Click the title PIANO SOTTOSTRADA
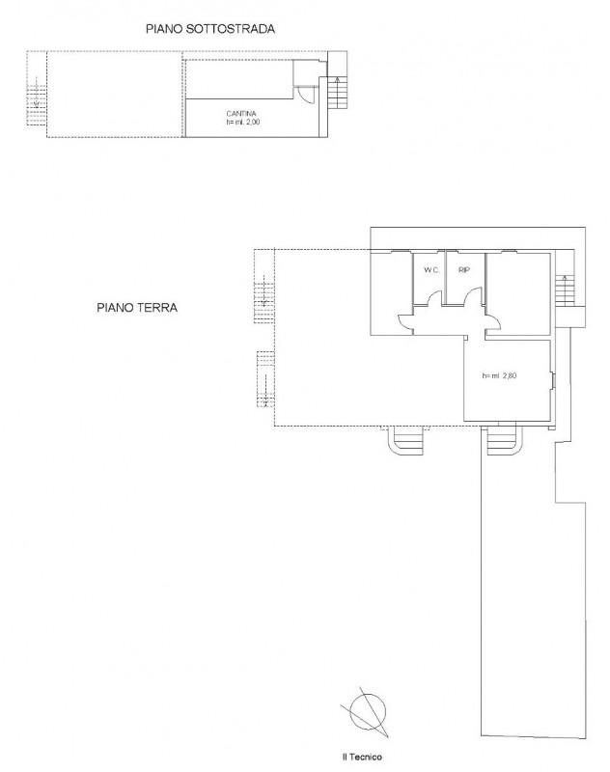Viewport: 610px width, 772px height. (x=210, y=29)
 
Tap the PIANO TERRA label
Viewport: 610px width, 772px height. (x=137, y=308)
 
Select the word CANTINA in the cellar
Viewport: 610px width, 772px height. (x=241, y=114)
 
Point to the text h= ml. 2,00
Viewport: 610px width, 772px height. (x=242, y=123)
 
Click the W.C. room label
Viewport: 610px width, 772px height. (x=431, y=270)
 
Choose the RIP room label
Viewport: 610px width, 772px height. (x=464, y=270)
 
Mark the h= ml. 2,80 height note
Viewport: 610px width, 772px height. (x=499, y=375)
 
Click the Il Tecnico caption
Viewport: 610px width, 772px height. (x=362, y=757)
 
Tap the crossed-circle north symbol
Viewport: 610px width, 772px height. (x=367, y=711)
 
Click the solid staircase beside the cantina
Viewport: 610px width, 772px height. (x=337, y=93)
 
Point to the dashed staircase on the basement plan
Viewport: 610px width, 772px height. (x=36, y=101)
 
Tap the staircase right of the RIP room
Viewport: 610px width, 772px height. (x=566, y=289)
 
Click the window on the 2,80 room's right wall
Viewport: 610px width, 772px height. (x=553, y=381)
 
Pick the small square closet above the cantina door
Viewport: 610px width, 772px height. (x=305, y=73)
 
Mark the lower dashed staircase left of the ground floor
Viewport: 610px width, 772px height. (x=265, y=379)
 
